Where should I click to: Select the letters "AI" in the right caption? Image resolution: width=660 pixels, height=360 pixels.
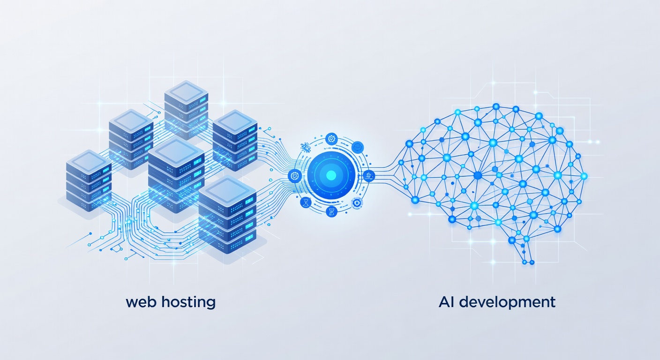coord(447,302)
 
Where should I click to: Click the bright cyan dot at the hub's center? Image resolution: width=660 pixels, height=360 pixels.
coord(331,176)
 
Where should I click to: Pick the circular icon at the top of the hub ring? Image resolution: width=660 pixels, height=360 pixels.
coord(331,138)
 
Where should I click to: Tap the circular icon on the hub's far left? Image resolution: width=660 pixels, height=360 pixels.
coord(295,175)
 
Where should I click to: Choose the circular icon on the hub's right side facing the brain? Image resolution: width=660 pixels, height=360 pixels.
coord(369,176)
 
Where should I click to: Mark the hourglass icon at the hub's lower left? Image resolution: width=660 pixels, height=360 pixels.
coord(306,202)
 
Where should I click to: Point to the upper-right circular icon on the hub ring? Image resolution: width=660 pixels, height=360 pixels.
coord(358,146)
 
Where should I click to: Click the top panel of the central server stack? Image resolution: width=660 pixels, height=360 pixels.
coord(176,150)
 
